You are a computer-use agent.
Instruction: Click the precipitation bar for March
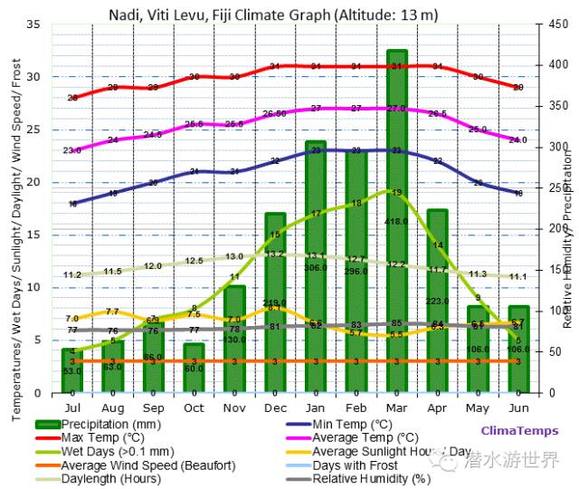[x=396, y=226]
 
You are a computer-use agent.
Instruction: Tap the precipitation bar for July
[x=71, y=371]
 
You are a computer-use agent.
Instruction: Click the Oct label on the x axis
[x=194, y=408]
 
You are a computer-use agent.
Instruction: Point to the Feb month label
[x=356, y=408]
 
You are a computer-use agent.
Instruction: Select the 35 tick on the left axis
[x=33, y=24]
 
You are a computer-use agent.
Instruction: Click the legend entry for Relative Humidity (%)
[x=371, y=478]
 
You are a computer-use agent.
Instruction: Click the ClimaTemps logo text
[x=519, y=431]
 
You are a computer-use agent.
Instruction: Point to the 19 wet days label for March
[x=395, y=192]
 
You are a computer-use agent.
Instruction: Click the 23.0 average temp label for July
[x=72, y=150]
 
